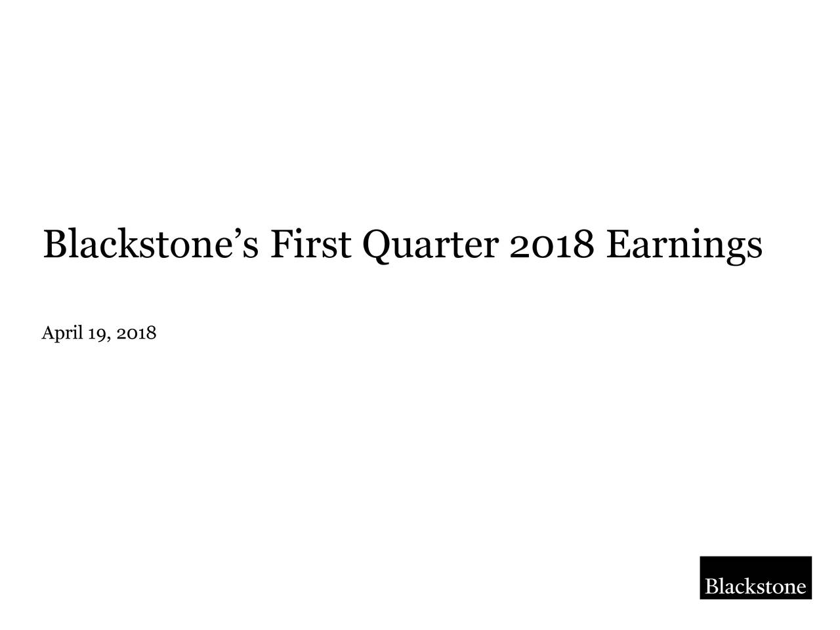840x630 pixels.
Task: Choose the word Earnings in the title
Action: pyautogui.click(x=684, y=245)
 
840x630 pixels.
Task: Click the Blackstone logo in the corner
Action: pyautogui.click(x=755, y=577)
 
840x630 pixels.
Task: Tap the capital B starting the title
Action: pyautogui.click(x=54, y=245)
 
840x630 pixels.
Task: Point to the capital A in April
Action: pyautogui.click(x=47, y=333)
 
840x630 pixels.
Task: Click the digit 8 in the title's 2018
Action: pyautogui.click(x=585, y=245)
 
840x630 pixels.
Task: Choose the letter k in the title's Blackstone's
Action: pyautogui.click(x=136, y=245)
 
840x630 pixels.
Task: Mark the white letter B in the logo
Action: pyautogui.click(x=711, y=586)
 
